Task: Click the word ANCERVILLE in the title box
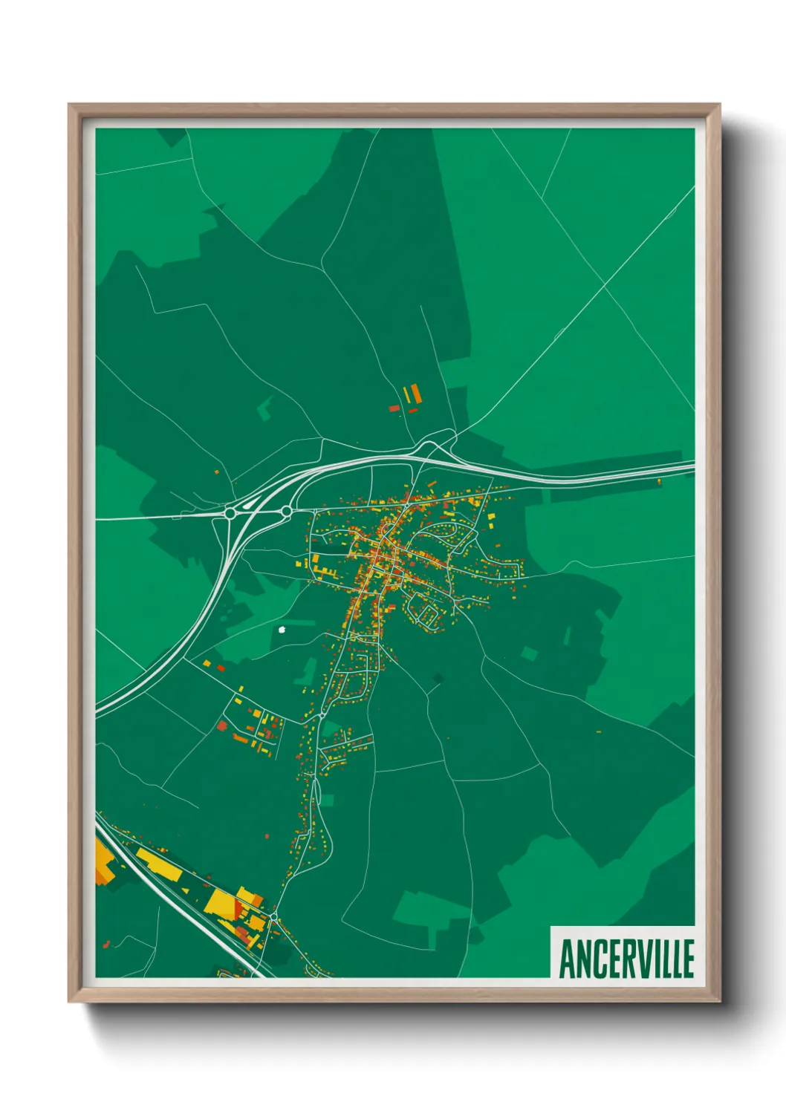pos(626,958)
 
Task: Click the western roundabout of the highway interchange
pos(230,512)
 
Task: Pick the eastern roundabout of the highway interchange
pos(287,511)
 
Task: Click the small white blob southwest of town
pos(282,630)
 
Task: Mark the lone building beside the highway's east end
pos(659,482)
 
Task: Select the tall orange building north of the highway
pos(416,394)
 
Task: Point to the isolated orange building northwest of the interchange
pos(217,471)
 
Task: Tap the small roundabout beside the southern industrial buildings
pos(273,919)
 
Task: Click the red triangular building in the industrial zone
pos(239,907)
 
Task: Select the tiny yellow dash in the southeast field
pos(598,731)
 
